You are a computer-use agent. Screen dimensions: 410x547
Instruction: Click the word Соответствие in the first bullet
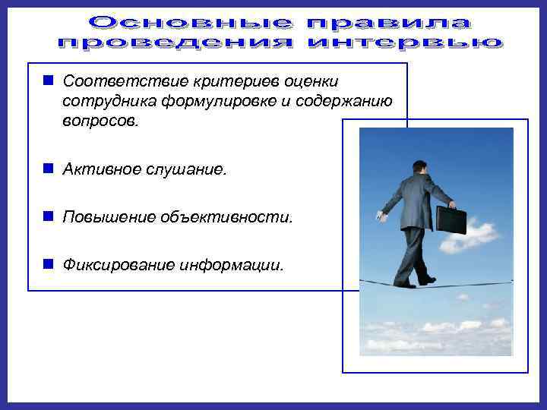click(112, 81)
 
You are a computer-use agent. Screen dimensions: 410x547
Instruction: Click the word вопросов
click(101, 122)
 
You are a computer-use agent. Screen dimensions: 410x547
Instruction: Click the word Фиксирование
click(118, 266)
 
